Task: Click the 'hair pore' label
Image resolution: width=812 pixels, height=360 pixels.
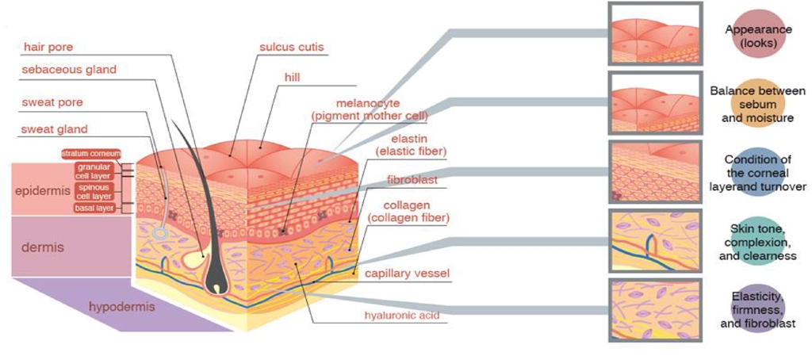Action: tap(48, 47)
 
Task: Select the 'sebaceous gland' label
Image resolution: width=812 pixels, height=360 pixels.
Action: tap(68, 70)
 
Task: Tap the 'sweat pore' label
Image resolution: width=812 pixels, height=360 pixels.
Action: tap(52, 102)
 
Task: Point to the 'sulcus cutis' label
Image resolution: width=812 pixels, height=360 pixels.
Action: tap(292, 47)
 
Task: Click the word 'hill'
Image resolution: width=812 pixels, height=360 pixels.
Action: tap(293, 78)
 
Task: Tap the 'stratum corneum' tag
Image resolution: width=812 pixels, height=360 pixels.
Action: tap(91, 154)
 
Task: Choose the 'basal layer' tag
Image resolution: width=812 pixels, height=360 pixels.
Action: tap(94, 209)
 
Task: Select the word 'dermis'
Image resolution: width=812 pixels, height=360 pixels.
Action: tap(43, 247)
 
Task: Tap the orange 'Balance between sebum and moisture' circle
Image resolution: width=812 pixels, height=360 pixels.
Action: tap(757, 105)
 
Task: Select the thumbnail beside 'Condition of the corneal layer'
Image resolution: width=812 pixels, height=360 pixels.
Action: tap(655, 171)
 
